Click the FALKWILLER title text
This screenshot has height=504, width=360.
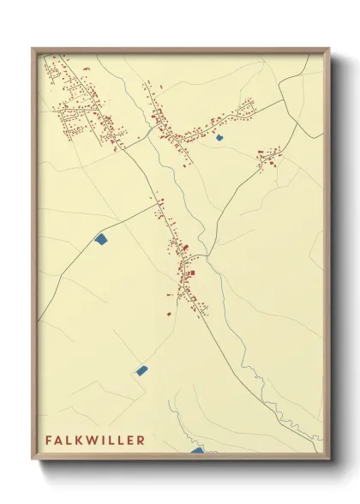click(95, 440)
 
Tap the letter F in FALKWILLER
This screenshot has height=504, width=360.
click(49, 440)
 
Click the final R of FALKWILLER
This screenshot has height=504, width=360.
click(141, 440)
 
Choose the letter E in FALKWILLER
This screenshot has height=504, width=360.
click(130, 440)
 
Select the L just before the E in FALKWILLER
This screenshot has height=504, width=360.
click(120, 440)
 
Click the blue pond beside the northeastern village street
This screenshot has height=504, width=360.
click(219, 137)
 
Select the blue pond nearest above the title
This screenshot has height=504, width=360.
click(141, 371)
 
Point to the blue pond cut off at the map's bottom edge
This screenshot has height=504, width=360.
click(197, 450)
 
